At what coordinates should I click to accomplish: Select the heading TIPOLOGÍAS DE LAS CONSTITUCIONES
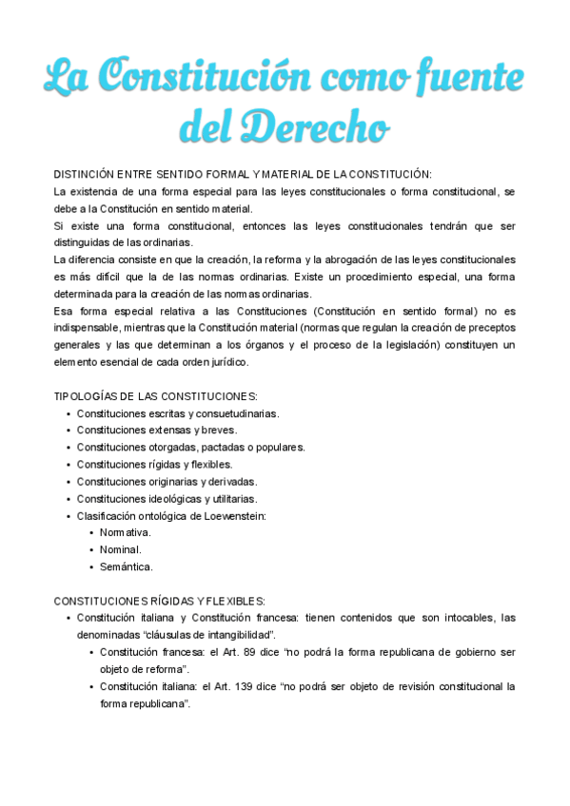tap(155, 395)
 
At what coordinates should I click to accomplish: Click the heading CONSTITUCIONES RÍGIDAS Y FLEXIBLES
tap(159, 601)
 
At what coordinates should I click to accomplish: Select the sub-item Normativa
tap(126, 532)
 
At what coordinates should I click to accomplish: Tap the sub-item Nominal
tap(122, 549)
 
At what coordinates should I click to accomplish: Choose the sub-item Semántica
tap(127, 566)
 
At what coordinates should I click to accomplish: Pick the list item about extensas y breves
tap(157, 430)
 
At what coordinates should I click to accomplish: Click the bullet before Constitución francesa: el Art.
tap(90, 652)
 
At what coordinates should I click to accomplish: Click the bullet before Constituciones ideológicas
tap(68, 498)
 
